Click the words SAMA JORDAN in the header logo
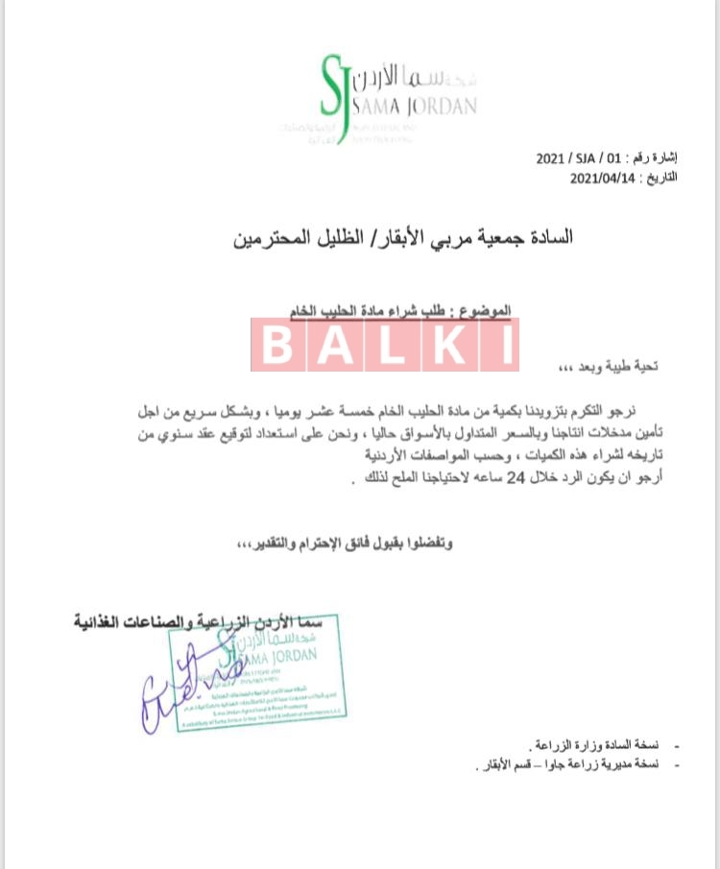pos(414,107)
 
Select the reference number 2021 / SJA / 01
pos(573,160)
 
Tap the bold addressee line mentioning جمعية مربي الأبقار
pos(403,236)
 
